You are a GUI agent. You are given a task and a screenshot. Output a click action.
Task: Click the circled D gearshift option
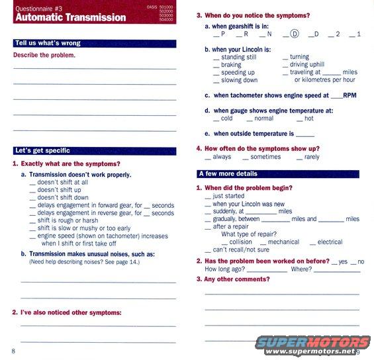click(x=295, y=34)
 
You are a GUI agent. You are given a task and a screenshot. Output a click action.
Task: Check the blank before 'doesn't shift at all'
click(x=32, y=183)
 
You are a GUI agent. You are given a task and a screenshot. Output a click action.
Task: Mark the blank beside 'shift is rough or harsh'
click(x=32, y=221)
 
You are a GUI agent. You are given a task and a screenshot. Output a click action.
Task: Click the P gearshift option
click(x=224, y=34)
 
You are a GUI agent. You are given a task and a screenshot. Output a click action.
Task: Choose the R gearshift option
click(x=246, y=34)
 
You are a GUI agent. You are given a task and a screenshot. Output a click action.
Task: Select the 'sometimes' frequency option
click(x=265, y=157)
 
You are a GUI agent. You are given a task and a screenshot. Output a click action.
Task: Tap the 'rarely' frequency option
click(x=311, y=157)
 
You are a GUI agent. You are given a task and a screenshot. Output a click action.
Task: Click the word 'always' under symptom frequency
click(x=222, y=157)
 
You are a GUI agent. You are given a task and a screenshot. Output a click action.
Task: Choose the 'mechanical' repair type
click(x=283, y=242)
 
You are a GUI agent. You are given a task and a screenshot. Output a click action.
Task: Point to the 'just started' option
click(x=228, y=197)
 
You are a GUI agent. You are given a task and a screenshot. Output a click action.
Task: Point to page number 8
click(x=13, y=350)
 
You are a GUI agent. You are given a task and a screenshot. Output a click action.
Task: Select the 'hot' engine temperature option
click(x=308, y=119)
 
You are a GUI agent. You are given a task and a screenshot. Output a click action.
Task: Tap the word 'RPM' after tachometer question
click(x=350, y=95)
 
